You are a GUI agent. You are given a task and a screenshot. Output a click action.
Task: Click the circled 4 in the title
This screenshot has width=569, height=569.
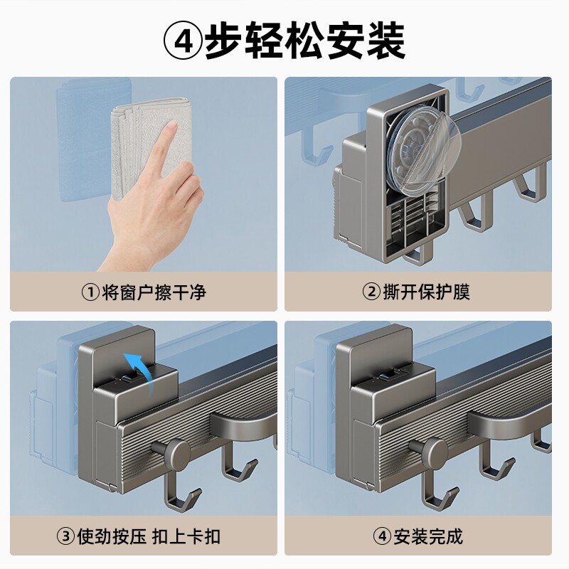(183, 41)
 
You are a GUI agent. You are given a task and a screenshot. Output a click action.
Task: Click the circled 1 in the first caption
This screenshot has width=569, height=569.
(90, 292)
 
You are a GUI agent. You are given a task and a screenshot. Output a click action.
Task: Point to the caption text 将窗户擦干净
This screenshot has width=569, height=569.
(154, 292)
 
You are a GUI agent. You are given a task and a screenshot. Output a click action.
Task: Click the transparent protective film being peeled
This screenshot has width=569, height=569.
(422, 151)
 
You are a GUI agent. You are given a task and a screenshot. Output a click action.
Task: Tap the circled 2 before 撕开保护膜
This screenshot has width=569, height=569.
(371, 292)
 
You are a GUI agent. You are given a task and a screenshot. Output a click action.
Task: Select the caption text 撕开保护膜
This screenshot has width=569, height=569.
(426, 292)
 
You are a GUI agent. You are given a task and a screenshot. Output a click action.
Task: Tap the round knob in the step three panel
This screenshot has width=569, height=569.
(174, 449)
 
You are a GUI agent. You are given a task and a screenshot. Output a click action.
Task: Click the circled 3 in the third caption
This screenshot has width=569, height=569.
(65, 536)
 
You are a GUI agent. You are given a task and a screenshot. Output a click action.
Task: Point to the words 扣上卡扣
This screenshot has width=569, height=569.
(186, 536)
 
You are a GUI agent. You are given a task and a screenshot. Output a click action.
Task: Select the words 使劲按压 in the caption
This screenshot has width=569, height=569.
(112, 536)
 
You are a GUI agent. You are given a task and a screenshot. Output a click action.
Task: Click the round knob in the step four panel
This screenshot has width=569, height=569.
(431, 449)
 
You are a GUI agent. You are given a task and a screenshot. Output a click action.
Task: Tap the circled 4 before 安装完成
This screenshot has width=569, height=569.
(382, 536)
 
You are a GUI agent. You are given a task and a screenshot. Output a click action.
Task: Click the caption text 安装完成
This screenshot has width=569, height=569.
(428, 536)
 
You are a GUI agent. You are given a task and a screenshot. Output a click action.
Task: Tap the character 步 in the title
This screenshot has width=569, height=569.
(223, 41)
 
